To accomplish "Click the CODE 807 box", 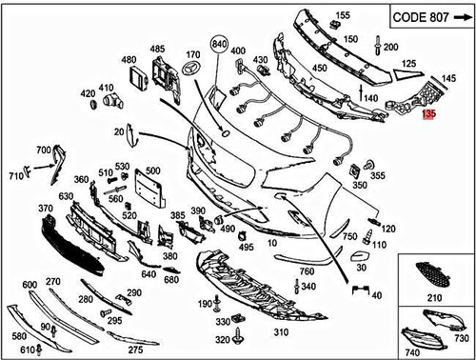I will pos(432,18).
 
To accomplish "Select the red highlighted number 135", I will pos(428,113).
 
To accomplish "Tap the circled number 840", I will pos(221,45).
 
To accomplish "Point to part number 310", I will pos(281,332).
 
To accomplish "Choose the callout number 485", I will pos(157,48).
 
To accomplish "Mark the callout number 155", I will pos(343,15).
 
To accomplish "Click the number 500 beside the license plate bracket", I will pos(154,170).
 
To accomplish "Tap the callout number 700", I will pos(44,150).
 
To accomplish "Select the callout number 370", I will pos(45,208).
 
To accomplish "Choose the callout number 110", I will pos(380,245).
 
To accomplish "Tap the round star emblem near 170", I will pos(193,70).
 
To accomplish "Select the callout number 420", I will pos(88,93).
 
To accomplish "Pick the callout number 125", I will pos(409,63).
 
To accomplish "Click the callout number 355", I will pos(377,176).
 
